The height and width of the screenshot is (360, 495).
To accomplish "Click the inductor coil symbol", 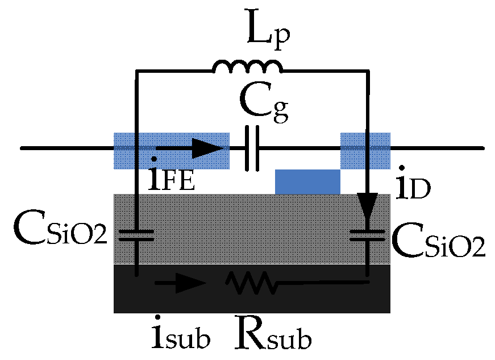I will point(247,67).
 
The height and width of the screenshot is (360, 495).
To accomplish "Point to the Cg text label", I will point(263,106).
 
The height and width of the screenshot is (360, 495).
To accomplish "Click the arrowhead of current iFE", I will point(208,150).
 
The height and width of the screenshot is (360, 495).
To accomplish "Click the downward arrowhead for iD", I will point(367,206).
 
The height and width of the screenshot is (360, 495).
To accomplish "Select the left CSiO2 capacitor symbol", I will point(136,235).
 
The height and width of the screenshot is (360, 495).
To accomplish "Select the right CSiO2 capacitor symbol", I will point(367,235).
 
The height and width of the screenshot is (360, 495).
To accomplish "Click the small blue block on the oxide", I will point(307,181).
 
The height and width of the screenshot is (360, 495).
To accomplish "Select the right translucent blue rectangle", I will point(365,151).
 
